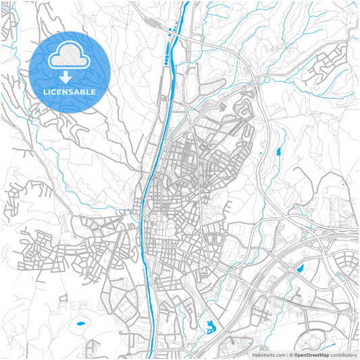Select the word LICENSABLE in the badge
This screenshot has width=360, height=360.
point(69,91)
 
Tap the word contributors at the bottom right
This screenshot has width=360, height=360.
point(343,354)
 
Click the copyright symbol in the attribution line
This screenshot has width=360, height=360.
point(290,354)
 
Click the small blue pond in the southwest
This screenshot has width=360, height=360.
point(80,324)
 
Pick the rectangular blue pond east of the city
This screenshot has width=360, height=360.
point(278,153)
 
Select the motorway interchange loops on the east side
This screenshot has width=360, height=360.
point(317,236)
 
